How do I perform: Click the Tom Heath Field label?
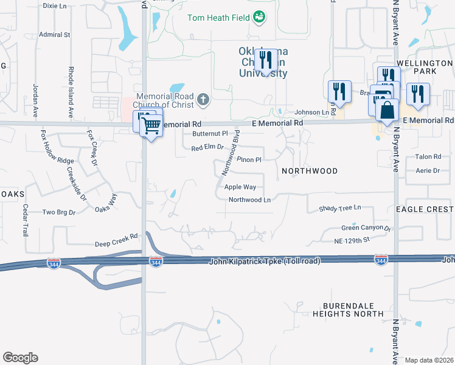click(218, 18)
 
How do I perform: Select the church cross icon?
click(204, 97)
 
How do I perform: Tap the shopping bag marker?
click(387, 111)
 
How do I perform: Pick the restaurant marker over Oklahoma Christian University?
click(266, 60)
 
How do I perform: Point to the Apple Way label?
click(240, 187)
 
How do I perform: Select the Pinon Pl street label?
click(249, 160)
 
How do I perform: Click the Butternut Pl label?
click(209, 133)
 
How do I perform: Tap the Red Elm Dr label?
click(208, 148)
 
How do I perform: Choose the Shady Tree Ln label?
click(340, 209)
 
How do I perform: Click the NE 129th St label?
click(352, 241)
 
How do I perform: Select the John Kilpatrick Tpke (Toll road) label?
click(265, 260)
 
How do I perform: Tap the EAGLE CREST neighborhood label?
click(425, 209)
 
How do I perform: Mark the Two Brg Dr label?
click(58, 212)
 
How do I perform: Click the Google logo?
click(20, 358)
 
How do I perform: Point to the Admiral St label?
click(54, 35)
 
